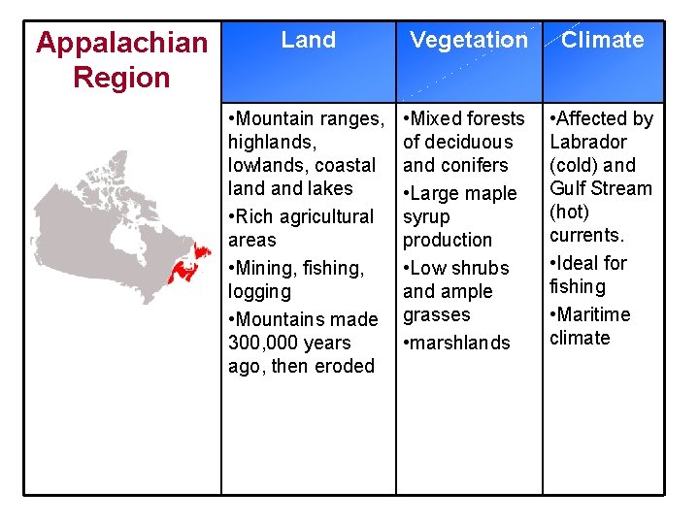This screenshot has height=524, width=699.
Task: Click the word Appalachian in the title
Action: [x=121, y=43]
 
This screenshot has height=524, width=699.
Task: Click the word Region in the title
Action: [x=121, y=78]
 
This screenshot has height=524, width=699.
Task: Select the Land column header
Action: [x=308, y=40]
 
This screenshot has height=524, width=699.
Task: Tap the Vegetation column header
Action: [x=468, y=40]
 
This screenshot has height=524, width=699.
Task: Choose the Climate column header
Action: [x=602, y=40]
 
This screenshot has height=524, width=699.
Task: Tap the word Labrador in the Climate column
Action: [x=588, y=142]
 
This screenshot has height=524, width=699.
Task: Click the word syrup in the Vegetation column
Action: [x=427, y=216]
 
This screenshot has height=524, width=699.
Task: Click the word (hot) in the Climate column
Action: [x=569, y=212]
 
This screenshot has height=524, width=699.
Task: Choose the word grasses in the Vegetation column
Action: [x=436, y=314]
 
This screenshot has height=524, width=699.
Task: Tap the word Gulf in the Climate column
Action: [x=568, y=188]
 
